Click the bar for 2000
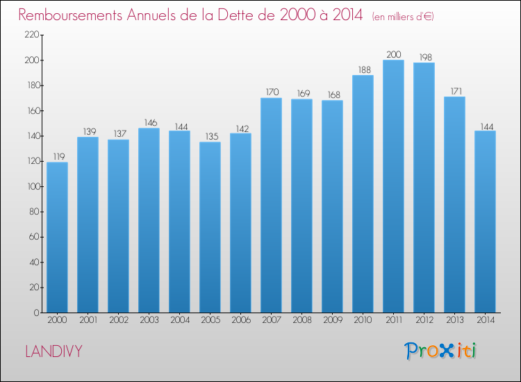[57, 237]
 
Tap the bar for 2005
[210, 227]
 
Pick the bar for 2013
[454, 204]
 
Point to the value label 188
[363, 69]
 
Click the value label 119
[57, 156]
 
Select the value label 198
[424, 56]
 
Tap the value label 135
[210, 136]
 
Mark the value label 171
[454, 90]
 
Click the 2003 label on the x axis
[149, 320]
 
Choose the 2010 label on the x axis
[363, 320]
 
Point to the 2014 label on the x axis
[485, 320]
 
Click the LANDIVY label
[53, 351]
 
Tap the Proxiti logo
[440, 351]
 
